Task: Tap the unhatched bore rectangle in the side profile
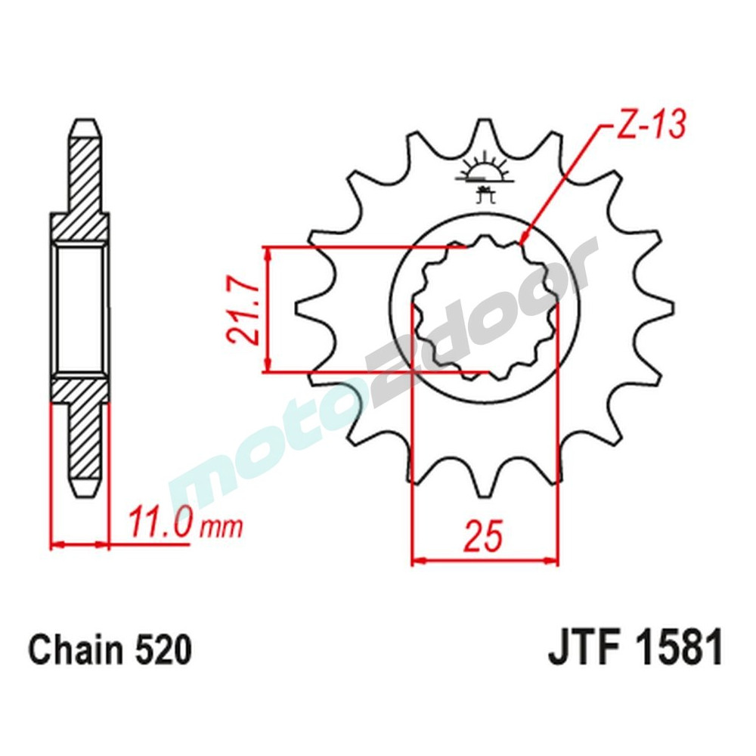click(79, 310)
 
